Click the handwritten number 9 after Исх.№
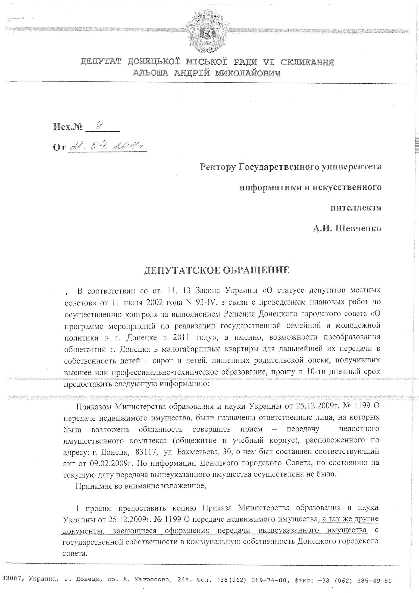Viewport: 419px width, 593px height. (98, 126)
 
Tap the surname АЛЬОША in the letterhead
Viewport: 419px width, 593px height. (150, 73)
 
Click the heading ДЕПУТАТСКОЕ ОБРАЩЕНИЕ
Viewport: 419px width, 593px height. (216, 270)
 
